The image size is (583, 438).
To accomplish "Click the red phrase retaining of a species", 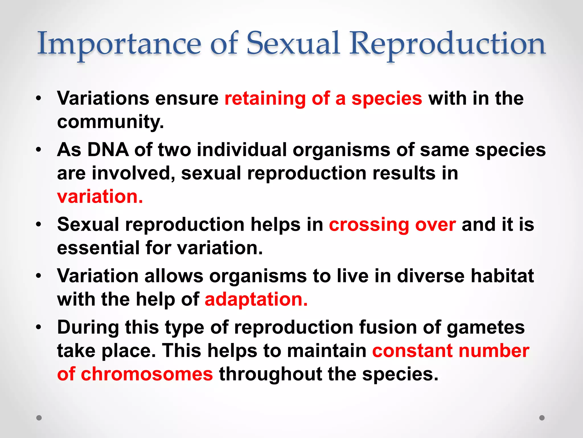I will [323, 98].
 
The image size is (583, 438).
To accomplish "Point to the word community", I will [110, 122].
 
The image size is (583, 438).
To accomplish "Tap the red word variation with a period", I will [100, 196].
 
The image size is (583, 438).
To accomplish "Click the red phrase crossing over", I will [392, 225].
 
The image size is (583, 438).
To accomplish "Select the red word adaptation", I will [256, 299].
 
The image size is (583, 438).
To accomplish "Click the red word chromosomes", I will [147, 374].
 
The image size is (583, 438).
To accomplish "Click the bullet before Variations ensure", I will [39, 99].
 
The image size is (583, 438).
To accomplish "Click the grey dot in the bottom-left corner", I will [39, 418].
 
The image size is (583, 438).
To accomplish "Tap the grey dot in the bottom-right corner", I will [542, 418].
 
